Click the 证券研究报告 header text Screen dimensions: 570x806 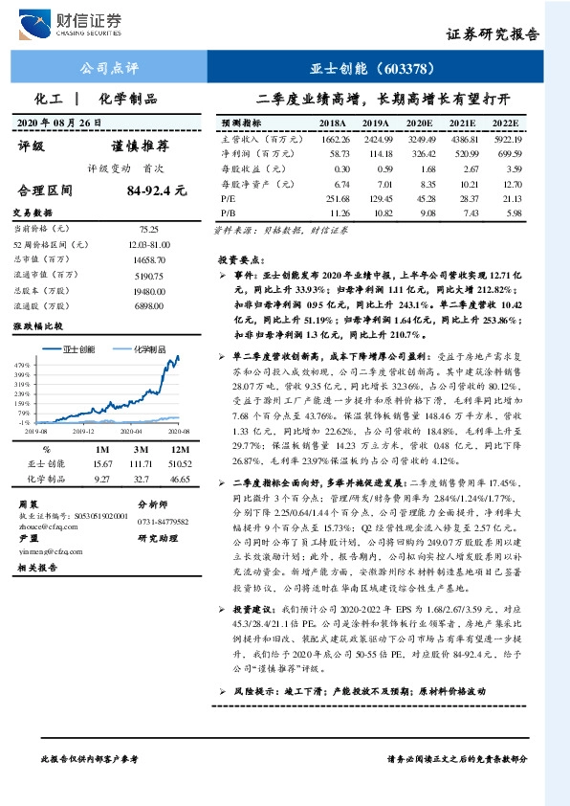pos(493,34)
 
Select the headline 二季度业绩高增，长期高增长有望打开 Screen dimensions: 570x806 pos(384,100)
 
